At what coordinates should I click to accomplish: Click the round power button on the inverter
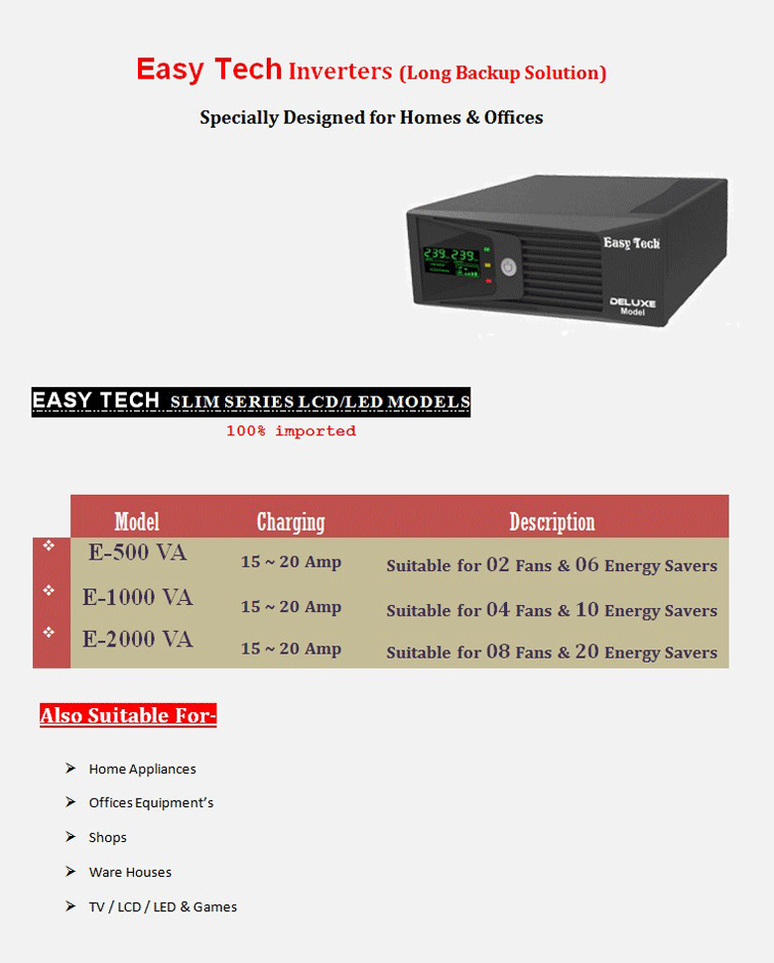[x=509, y=267]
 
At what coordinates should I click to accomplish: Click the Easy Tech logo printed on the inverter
[x=631, y=243]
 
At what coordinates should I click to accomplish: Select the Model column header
[x=137, y=522]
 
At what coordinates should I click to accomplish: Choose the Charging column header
[x=291, y=522]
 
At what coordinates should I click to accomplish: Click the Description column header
[x=552, y=522]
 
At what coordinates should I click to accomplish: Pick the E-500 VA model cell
[x=137, y=553]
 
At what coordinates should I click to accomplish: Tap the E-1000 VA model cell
[x=137, y=597]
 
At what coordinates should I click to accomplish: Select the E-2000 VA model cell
[x=137, y=640]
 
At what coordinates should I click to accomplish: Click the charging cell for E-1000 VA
[x=291, y=607]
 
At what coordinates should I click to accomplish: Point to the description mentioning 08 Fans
[x=552, y=652]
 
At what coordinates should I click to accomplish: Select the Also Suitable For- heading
[x=128, y=715]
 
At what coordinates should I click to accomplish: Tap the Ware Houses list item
[x=130, y=872]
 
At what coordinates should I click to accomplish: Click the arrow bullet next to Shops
[x=70, y=837]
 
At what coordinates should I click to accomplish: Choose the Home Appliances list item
[x=142, y=769]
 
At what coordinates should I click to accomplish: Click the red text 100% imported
[x=291, y=431]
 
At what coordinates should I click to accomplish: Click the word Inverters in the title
[x=340, y=71]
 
